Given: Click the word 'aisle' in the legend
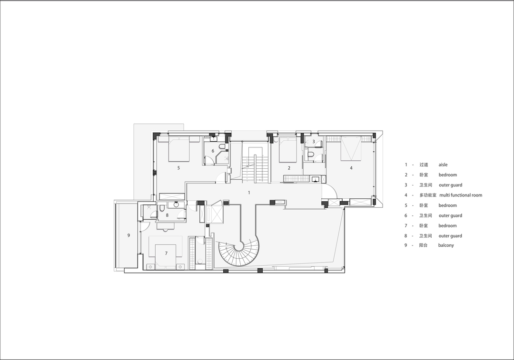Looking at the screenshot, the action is pos(443,165).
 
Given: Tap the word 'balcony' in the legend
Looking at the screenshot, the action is pos(446,245).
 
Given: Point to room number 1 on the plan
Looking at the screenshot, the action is pos(249,193).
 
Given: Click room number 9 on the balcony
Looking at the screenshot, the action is pos(128,235).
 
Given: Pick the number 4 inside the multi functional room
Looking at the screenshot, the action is pos(351,168).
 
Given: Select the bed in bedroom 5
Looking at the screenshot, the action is pos(179,149).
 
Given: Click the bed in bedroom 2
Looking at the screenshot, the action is pos(287,150).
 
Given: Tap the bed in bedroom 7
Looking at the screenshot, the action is pos(166,256).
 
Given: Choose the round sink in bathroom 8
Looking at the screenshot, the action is pos(176,205).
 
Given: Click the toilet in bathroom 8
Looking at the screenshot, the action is pos(162,208).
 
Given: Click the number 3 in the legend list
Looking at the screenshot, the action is pos(406,185).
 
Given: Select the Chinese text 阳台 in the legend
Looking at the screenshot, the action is pos(423,245).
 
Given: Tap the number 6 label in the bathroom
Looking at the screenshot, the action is pos(213,151).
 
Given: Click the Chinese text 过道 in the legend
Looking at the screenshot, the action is pos(424,165).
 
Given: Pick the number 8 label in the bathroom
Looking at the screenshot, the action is pos(167,215).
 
